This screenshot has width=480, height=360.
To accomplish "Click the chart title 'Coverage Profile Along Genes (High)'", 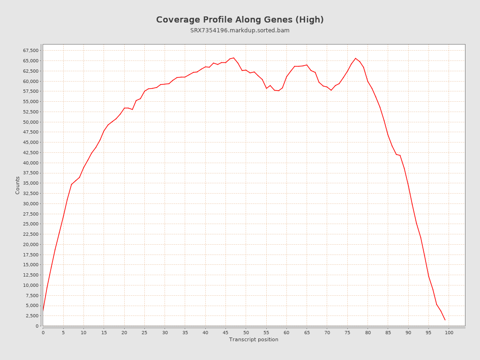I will (x=240, y=20).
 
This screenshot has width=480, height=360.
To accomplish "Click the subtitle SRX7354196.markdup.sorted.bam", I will (x=240, y=30).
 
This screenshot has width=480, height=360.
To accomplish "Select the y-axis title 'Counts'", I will (x=18, y=185).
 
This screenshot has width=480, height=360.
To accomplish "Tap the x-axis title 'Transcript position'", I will (x=254, y=340).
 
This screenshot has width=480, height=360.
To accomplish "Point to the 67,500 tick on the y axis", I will (x=30, y=51).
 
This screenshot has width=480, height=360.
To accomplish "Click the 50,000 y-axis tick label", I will (x=30, y=122).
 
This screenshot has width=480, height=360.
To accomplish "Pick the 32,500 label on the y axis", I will (x=30, y=194).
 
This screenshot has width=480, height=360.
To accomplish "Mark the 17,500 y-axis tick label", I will (x=30, y=255).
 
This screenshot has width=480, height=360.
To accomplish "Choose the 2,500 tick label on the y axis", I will (x=32, y=316).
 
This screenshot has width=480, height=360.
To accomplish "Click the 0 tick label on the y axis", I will (x=37, y=326).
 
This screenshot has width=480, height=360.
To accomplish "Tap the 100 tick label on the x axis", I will (x=449, y=333).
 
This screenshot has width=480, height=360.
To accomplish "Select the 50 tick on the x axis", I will (x=246, y=333).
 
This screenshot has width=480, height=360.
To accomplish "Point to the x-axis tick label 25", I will (x=144, y=333).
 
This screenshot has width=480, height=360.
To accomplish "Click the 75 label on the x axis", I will (x=347, y=333).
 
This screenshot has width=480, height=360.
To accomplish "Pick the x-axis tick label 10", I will (x=83, y=333).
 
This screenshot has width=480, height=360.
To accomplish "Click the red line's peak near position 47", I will (x=234, y=58).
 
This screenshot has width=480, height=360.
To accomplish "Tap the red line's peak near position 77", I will (x=355, y=58).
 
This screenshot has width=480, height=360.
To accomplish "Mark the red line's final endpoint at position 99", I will (x=445, y=320).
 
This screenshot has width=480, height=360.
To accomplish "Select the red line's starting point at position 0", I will (x=43, y=310).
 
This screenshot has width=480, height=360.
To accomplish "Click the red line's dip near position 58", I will (x=278, y=90).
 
